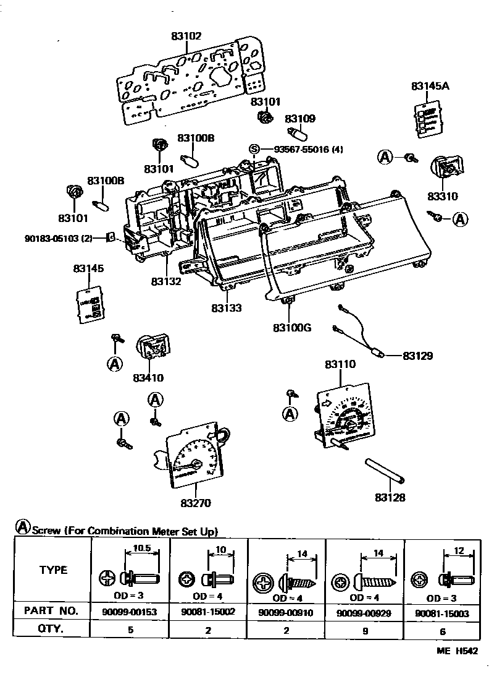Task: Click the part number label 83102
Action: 186,35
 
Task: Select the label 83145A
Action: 430,87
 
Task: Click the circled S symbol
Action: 254,149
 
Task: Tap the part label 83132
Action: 166,281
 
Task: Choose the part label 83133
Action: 227,307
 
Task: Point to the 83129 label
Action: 418,356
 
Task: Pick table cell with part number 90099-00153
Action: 130,611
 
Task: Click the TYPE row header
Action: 53,570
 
